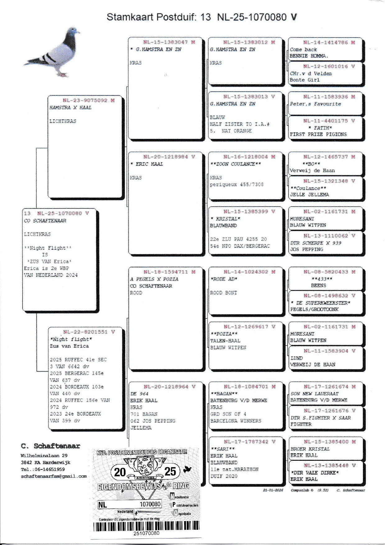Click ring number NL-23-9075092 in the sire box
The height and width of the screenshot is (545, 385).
(89, 100)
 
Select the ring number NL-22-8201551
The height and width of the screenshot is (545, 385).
(89, 332)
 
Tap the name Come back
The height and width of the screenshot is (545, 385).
(303, 49)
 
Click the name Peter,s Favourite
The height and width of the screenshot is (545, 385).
(315, 104)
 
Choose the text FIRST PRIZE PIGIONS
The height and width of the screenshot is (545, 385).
(318, 134)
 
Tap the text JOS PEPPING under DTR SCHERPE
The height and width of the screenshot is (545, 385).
(306, 249)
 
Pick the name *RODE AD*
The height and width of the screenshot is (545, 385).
(224, 279)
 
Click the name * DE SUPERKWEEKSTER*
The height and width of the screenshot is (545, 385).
(320, 303)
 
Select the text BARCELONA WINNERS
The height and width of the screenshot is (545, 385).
(236, 421)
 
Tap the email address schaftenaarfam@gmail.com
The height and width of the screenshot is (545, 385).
(54, 476)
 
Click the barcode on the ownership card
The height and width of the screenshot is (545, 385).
(146, 525)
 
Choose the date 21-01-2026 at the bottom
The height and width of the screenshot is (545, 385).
(273, 490)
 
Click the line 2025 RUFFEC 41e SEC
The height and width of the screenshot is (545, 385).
(78, 360)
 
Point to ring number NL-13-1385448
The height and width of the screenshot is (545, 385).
(329, 465)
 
